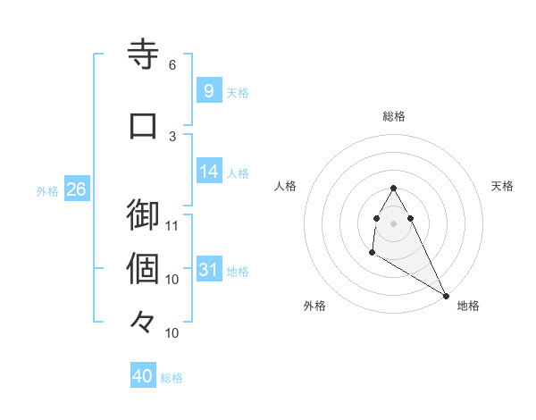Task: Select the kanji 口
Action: pos(143,126)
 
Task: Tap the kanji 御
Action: pos(143,215)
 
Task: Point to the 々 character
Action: pos(143,323)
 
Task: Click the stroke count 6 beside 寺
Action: pos(172,65)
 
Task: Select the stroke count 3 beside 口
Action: pos(172,136)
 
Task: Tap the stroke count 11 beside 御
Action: pos(172,225)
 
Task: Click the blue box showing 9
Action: pos(208,90)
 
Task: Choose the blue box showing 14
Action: pos(208,172)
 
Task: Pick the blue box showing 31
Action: pos(208,270)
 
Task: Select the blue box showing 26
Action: pos(76,189)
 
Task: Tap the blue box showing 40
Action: pos(143,376)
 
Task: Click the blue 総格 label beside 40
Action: pos(172,378)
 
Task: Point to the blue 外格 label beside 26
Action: pos(47,190)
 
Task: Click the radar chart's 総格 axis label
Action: pos(394,116)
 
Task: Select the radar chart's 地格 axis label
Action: pos(468,307)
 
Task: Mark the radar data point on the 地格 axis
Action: pos(446,296)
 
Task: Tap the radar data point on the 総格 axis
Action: pos(394,188)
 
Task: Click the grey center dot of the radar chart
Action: pos(394,223)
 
